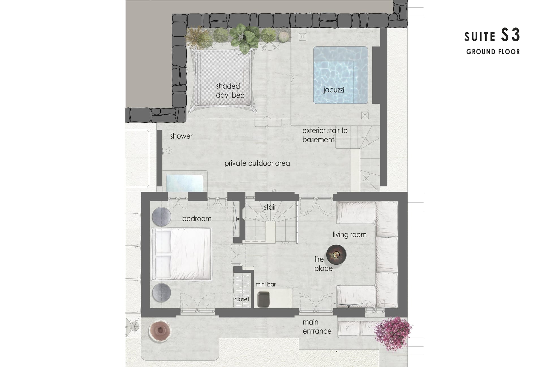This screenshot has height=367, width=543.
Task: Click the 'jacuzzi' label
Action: click(x=334, y=90)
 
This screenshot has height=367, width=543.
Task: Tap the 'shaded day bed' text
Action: click(x=230, y=91)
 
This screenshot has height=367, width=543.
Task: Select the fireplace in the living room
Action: click(x=336, y=255)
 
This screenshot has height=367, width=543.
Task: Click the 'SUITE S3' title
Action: click(x=492, y=36)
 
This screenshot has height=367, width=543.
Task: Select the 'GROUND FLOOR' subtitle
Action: click(x=493, y=52)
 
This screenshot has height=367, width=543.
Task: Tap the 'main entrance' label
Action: click(x=317, y=327)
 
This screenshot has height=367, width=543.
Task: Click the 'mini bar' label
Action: click(x=266, y=285)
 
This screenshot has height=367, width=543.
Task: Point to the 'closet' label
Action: click(x=242, y=299)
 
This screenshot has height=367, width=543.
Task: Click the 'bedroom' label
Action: click(x=197, y=219)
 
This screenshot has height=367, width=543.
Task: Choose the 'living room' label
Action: click(x=350, y=235)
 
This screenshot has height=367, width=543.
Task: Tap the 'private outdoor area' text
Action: click(x=257, y=163)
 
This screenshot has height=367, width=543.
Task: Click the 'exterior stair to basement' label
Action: click(x=325, y=135)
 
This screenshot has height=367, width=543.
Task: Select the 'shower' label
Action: click(x=181, y=136)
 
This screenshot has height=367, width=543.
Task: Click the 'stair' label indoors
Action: click(x=270, y=207)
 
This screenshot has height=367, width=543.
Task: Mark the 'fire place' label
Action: click(x=323, y=264)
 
